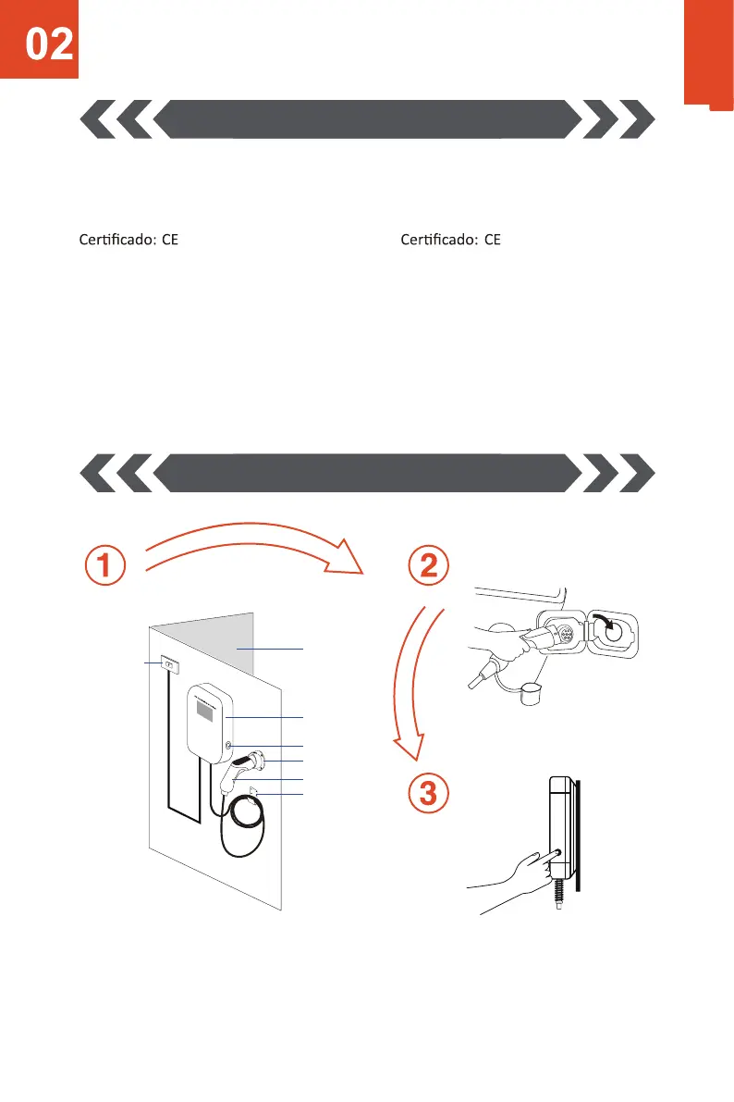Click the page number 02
pyautogui.click(x=50, y=44)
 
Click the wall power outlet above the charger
pyautogui.click(x=169, y=663)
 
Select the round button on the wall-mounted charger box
pyautogui.click(x=227, y=745)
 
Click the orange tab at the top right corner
pyautogui.click(x=708, y=54)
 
